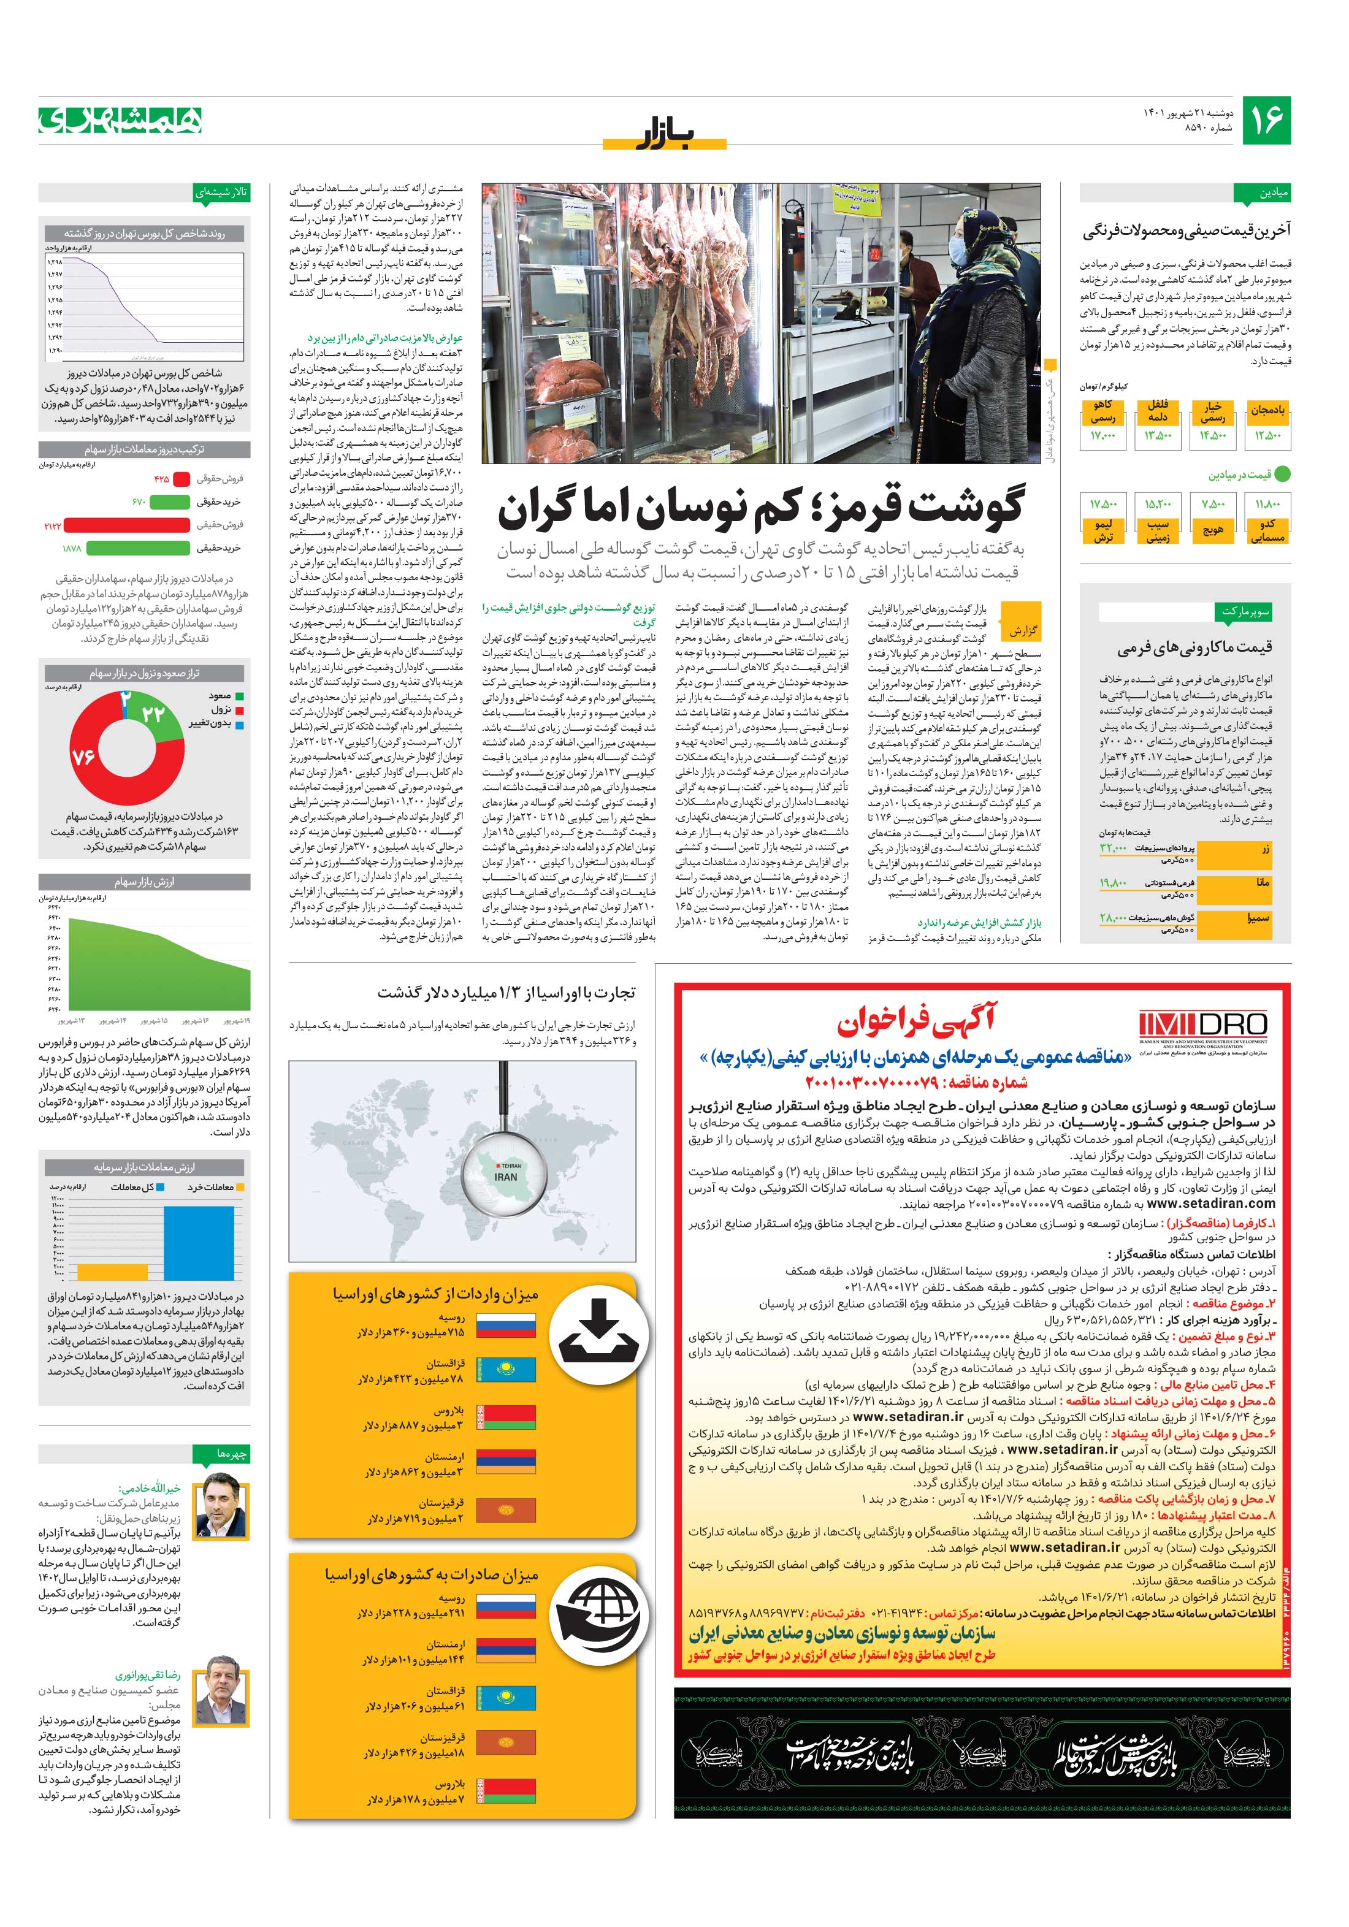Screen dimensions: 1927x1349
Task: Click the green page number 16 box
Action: coord(1266,121)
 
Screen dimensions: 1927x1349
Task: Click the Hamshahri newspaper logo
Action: coord(121,121)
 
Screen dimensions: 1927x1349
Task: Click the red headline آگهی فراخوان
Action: coord(915,1021)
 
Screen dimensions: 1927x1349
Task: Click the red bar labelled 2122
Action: coord(126,525)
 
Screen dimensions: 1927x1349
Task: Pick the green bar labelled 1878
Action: coord(138,548)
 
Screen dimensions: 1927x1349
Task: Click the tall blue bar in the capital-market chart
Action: coord(199,1242)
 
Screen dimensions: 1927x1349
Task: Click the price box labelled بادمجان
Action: coord(1267,424)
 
